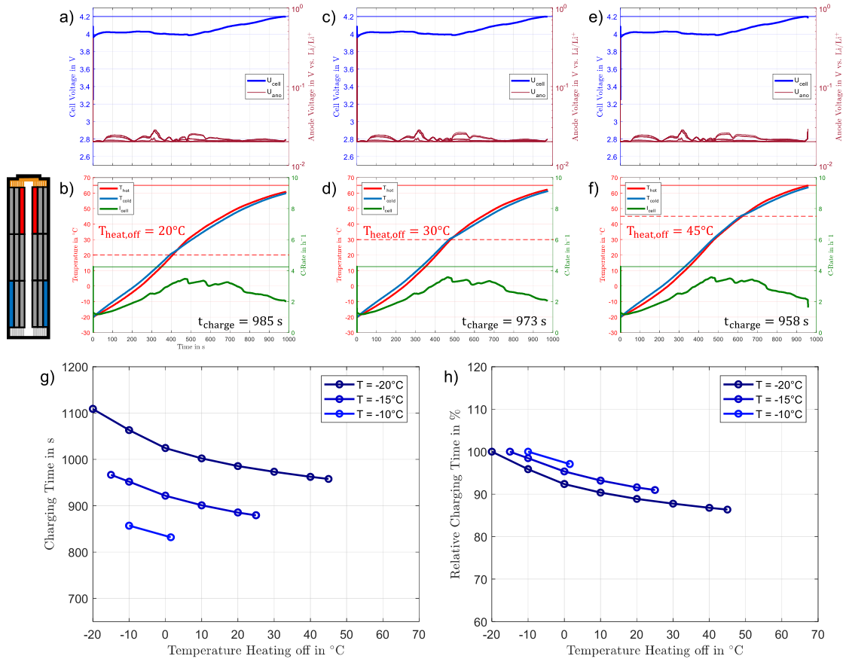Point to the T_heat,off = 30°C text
coord(406,230)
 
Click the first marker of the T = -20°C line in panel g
coord(93,409)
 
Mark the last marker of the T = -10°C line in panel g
coord(170,537)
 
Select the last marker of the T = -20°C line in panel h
coord(727,509)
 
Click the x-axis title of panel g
coord(255,649)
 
